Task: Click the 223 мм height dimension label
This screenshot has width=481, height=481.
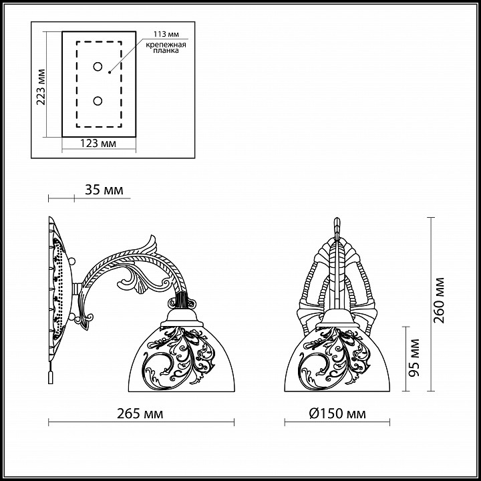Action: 41,87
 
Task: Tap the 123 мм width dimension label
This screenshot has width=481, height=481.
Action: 98,143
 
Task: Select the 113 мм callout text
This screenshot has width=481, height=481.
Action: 166,34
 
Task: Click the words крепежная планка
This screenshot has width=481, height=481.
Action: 166,47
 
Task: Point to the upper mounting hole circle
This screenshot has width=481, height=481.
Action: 98,67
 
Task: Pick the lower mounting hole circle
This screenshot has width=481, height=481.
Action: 98,101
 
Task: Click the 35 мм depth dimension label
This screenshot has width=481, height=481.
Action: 104,190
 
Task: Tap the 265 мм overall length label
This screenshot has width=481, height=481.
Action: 140,414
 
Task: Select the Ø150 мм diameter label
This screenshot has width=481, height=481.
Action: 337,414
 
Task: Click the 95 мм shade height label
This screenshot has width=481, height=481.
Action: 414,357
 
